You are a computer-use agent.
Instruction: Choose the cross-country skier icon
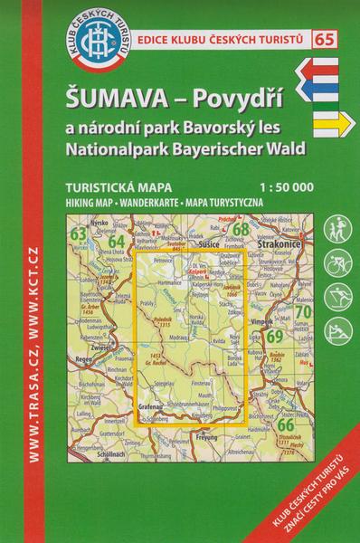pos(337,298)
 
